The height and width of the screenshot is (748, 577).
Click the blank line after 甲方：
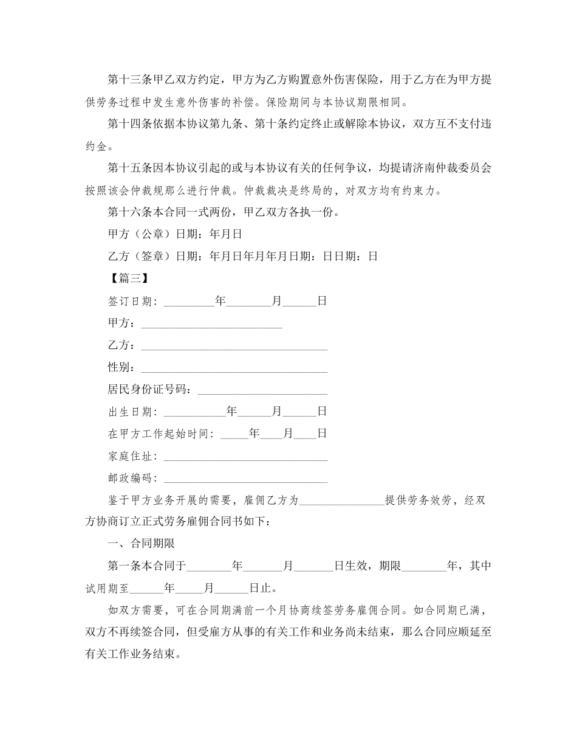coord(211,324)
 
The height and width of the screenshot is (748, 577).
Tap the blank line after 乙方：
coord(234,346)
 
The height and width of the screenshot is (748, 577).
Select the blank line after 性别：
coord(234,368)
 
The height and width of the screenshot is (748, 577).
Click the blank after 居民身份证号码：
coord(262,390)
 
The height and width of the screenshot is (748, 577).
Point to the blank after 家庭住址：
coord(245,457)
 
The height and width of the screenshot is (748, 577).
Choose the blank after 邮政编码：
coord(245,479)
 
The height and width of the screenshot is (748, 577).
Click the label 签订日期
coord(130,301)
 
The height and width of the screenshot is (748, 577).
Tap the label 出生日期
coord(130,412)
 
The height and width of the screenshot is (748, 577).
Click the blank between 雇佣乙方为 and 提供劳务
coord(342,501)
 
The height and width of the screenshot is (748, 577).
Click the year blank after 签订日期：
coord(189,302)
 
